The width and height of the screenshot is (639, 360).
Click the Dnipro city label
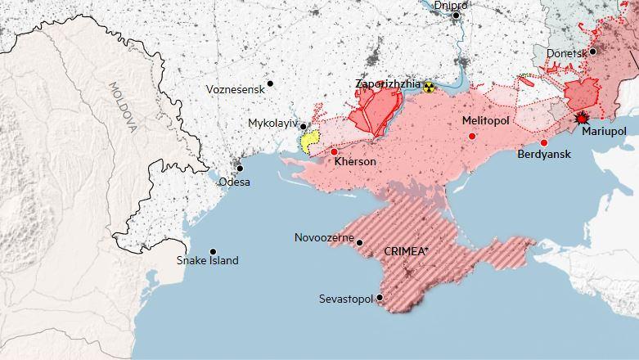pyautogui.click(x=449, y=6)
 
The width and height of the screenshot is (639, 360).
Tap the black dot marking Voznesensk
pyautogui.click(x=270, y=83)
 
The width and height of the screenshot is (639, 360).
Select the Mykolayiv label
pyautogui.click(x=272, y=124)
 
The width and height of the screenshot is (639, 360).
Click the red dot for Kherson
pyautogui.click(x=334, y=151)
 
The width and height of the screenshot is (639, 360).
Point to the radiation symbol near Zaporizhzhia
pyautogui.click(x=430, y=86)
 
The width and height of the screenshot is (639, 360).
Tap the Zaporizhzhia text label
pyautogui.click(x=388, y=84)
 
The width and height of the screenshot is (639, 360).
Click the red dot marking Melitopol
pyautogui.click(x=471, y=136)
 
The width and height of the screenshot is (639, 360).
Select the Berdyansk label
pyautogui.click(x=544, y=155)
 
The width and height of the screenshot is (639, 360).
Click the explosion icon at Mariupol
pyautogui.click(x=583, y=118)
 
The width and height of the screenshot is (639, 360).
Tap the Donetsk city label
pyautogui.click(x=567, y=53)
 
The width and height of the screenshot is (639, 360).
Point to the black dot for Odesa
pyautogui.click(x=240, y=168)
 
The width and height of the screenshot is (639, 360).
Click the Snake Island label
pyautogui.click(x=208, y=261)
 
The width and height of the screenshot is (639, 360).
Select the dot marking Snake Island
pyautogui.click(x=213, y=251)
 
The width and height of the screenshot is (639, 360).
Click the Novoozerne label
pyautogui.click(x=324, y=238)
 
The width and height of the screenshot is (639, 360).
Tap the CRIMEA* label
pyautogui.click(x=406, y=252)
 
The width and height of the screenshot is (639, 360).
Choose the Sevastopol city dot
pyautogui.click(x=380, y=299)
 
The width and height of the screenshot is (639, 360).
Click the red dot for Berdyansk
pyautogui.click(x=544, y=142)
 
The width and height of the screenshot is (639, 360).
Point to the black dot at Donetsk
pyautogui.click(x=593, y=51)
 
